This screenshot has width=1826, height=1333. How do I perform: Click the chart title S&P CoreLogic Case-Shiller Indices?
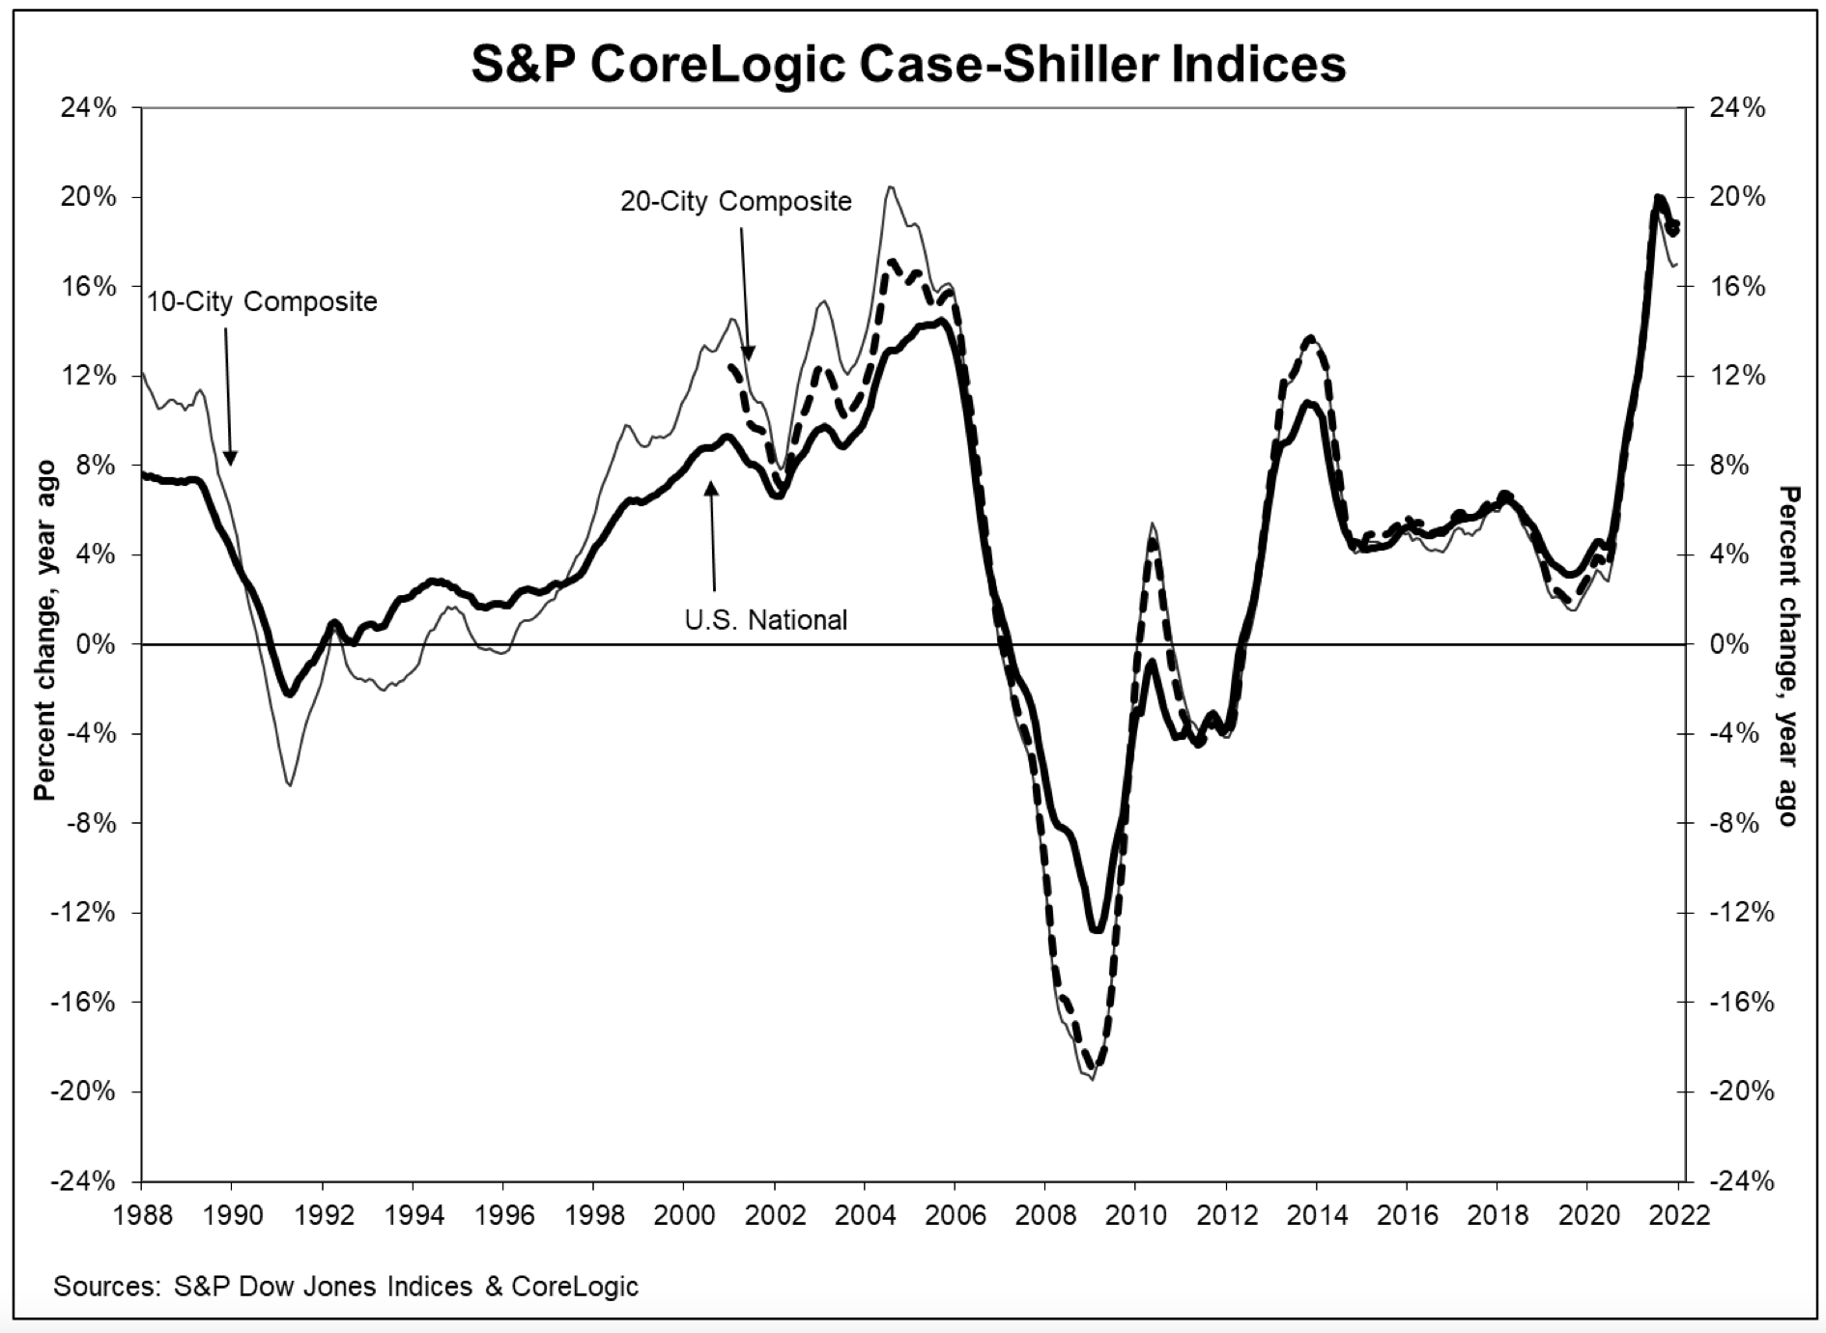click(908, 65)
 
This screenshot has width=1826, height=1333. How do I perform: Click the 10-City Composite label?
click(262, 302)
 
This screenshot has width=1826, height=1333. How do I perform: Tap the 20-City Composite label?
click(735, 201)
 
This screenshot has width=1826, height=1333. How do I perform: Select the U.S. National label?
click(766, 619)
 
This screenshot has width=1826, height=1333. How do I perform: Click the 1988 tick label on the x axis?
click(141, 1213)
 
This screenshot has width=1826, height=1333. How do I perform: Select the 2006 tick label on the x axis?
click(955, 1213)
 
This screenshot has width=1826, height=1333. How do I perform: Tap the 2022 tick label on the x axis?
click(1678, 1213)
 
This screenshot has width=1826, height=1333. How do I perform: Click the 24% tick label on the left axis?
click(89, 107)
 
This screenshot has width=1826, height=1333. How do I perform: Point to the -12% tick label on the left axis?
click(85, 913)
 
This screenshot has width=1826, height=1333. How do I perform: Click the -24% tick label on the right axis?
click(1741, 1181)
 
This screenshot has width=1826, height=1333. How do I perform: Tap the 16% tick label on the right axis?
click(1737, 287)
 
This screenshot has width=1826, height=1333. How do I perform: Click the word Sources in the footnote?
click(105, 1287)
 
